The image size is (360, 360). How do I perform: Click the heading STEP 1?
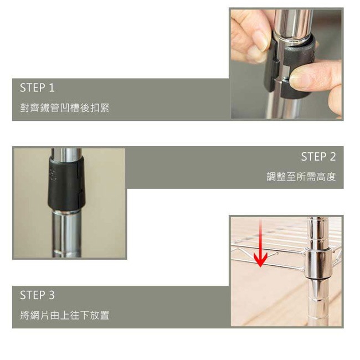coord(37,88)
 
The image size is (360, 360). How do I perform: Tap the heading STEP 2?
coord(318,157)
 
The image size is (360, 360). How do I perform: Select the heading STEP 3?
coord(37,295)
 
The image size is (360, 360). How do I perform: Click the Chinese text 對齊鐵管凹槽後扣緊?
coord(64,107)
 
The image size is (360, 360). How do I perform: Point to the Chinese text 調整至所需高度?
coord(301,177)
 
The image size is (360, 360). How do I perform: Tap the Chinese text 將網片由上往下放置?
coord(64,315)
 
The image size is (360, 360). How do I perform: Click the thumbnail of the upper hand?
coord(261,40)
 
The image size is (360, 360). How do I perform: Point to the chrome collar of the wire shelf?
coord(319,263)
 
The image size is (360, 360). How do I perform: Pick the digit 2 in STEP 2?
coord(332,157)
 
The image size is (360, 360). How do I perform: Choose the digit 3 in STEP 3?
coord(52,295)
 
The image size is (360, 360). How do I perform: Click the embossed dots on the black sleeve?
coord(53,175)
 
